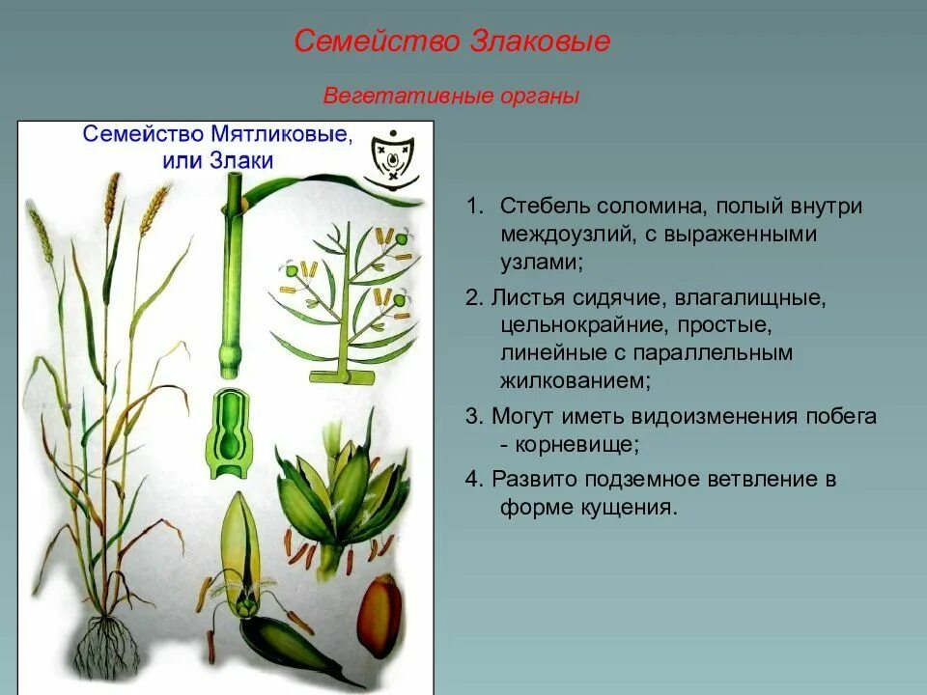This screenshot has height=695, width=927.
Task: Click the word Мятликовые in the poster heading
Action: (284, 134)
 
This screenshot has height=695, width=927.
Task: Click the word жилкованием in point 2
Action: (575, 380)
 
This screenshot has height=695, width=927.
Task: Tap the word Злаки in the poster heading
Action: (241, 161)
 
